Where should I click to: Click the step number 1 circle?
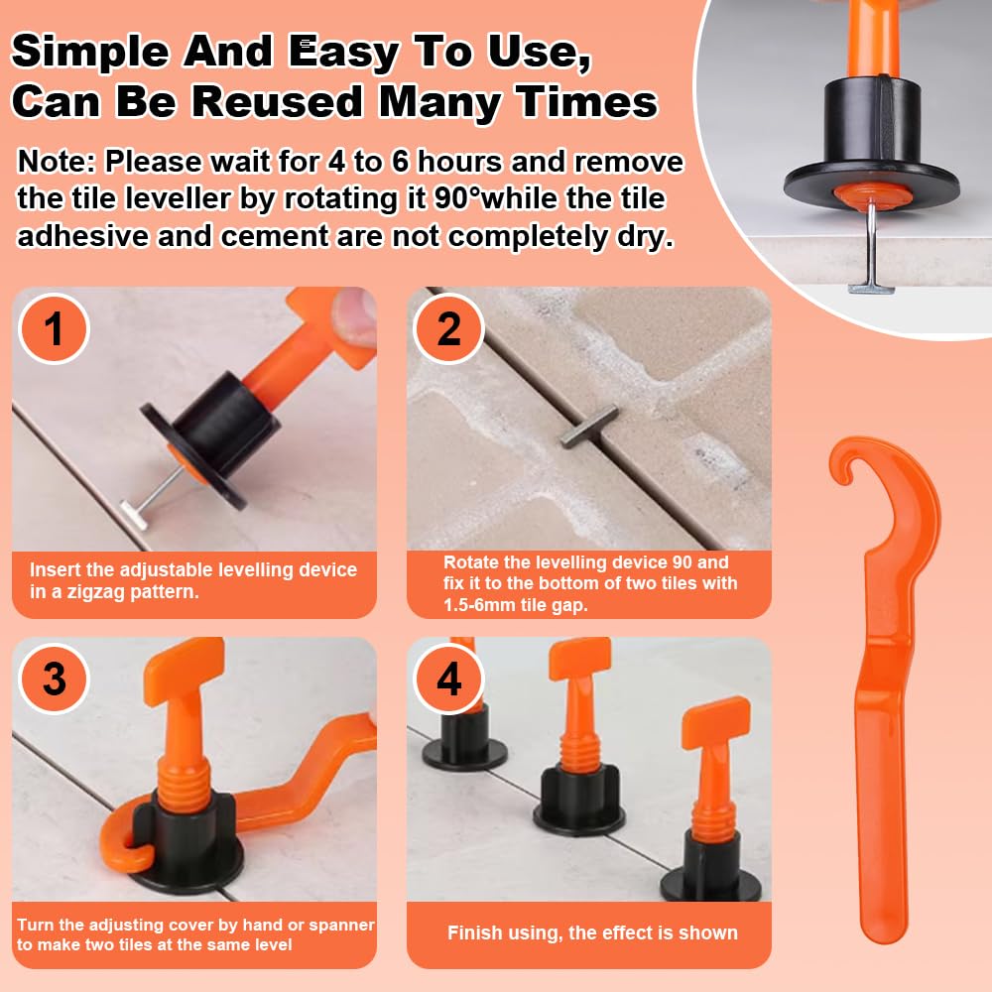coord(54,329)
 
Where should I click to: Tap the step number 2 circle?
coord(448,329)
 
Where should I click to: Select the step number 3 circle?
coord(54,679)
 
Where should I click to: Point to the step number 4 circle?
coord(448,679)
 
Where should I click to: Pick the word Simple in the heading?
coord(90,52)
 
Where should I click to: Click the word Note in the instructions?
coord(56,162)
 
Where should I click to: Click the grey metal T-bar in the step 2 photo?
coord(589,426)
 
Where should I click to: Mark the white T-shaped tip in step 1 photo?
coord(135,514)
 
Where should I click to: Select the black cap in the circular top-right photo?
coord(872,147)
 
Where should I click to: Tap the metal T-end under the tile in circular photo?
coord(871,289)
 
